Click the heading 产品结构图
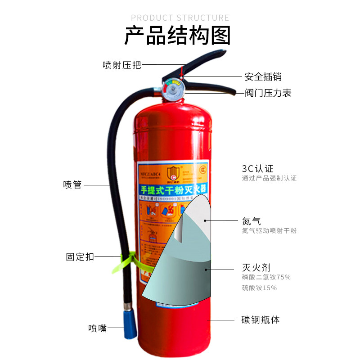tap(177, 36)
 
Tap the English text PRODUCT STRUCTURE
tap(180, 18)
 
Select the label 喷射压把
tap(121, 65)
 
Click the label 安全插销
tap(263, 77)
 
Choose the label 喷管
tap(72, 184)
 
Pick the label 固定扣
tap(80, 257)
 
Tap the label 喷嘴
tap(98, 328)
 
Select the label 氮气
tap(251, 221)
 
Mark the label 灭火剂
tap(256, 267)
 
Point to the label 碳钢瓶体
tap(261, 320)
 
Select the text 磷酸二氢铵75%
tap(266, 277)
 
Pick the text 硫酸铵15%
tap(259, 288)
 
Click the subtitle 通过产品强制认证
tap(269, 178)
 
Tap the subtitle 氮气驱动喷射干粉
tap(269, 231)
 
